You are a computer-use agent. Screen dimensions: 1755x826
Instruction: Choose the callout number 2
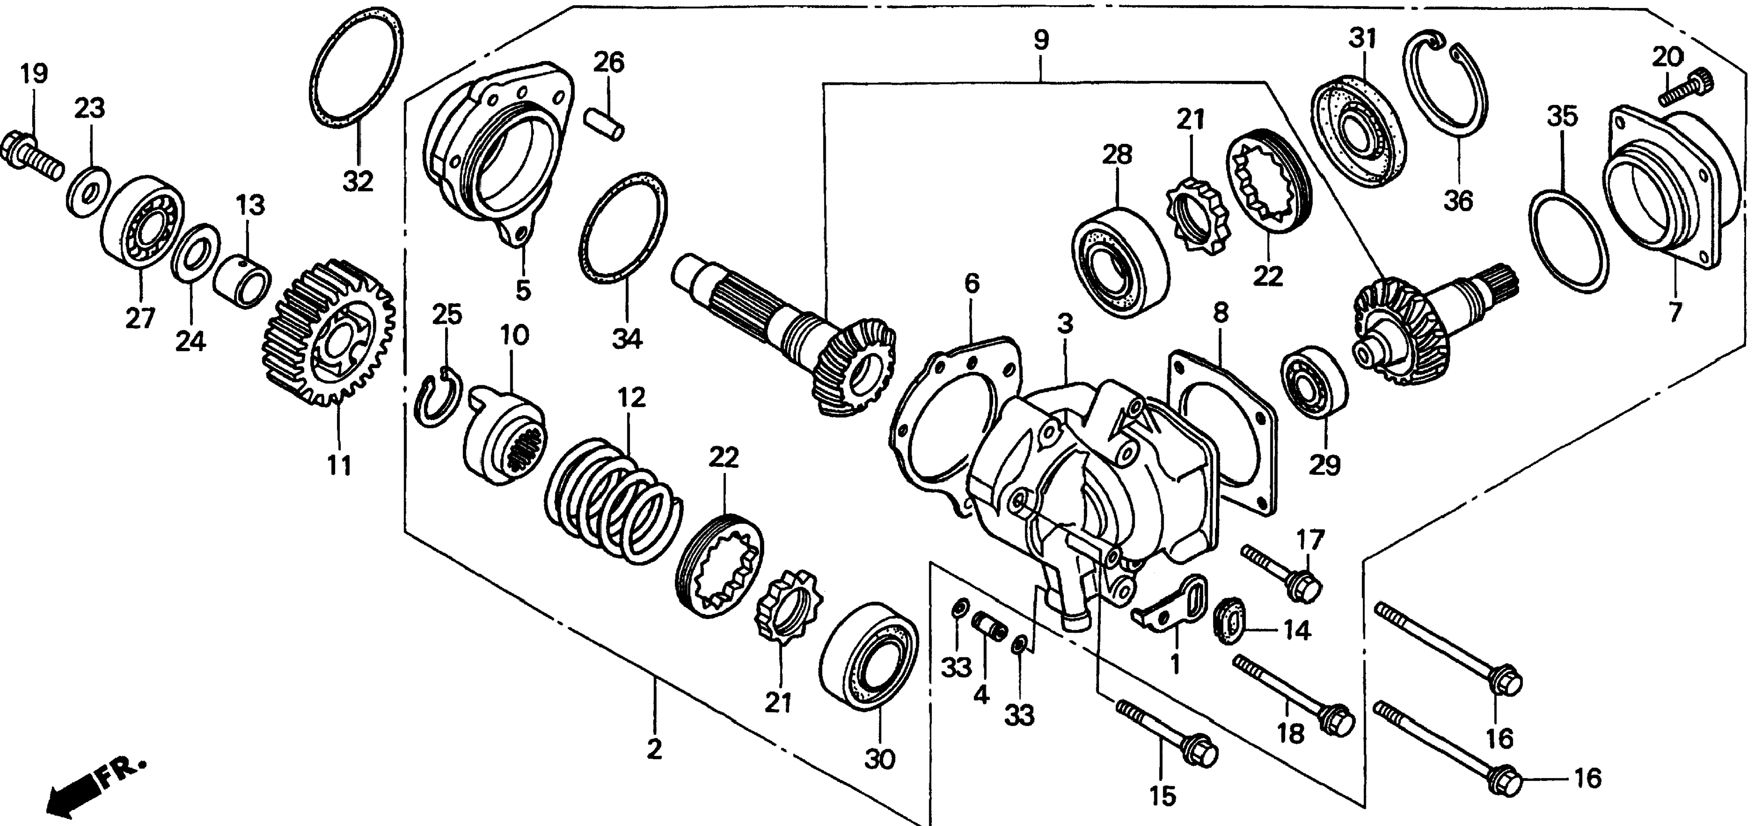654,749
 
